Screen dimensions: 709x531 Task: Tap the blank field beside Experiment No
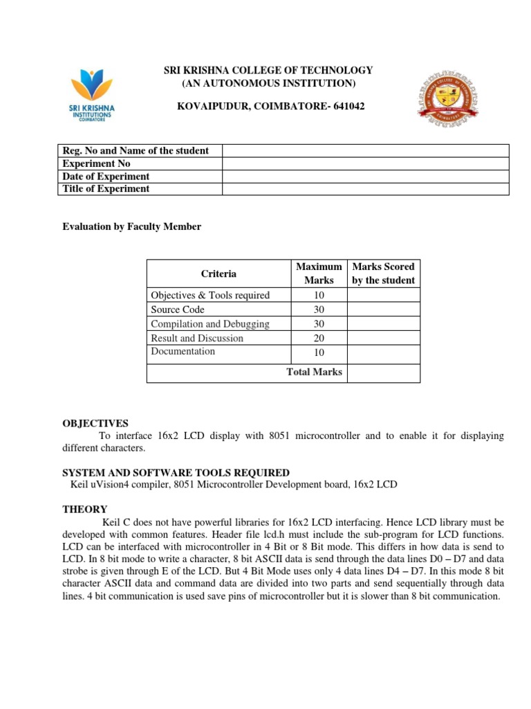[x=365, y=163]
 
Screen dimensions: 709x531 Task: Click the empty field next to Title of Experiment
[x=365, y=188]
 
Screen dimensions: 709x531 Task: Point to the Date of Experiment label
[x=106, y=176]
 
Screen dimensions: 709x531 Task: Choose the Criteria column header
[x=218, y=273]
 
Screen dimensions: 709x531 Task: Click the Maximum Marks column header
[x=319, y=273]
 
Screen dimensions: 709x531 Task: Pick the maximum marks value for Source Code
[x=319, y=309]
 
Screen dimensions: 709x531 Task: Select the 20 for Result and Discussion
[x=319, y=338]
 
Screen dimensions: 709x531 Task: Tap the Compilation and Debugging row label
[x=210, y=324]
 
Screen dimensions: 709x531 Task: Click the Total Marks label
[x=315, y=372]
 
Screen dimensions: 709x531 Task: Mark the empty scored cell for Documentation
[x=384, y=352]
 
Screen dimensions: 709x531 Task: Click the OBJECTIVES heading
[x=95, y=423]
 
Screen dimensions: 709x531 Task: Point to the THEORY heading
[x=85, y=508]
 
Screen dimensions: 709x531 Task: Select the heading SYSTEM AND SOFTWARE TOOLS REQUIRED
[x=176, y=472]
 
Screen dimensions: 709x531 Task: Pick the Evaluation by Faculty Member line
[x=132, y=226]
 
